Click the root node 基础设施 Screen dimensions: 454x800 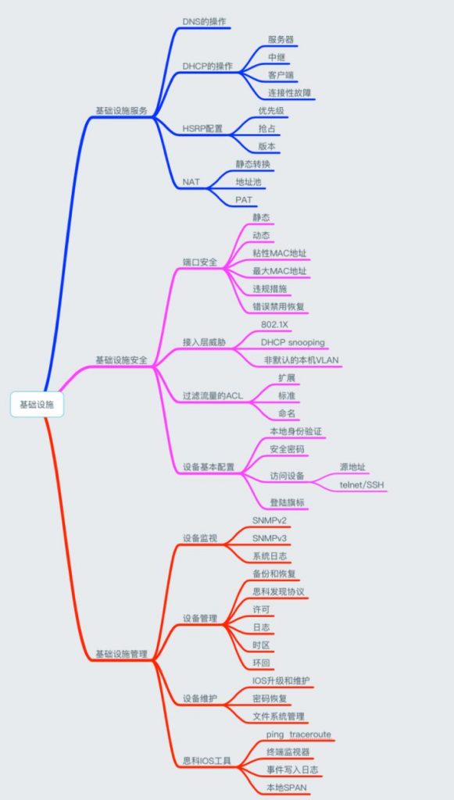coord(38,405)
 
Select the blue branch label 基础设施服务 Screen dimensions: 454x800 coord(121,110)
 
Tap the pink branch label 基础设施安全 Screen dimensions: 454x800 coord(121,359)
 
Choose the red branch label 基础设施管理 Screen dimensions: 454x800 coord(121,654)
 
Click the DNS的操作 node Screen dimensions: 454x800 coord(204,21)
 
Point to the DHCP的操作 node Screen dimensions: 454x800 coord(208,66)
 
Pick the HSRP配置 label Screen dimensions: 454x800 coord(202,129)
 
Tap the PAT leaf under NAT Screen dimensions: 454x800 coord(244,199)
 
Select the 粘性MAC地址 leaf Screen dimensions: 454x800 coord(280,252)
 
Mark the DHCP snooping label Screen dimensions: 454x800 coord(293,342)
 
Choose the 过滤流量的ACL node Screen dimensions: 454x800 coord(213,395)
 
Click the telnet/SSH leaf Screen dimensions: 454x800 coord(361,484)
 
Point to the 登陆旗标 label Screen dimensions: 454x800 coord(288,502)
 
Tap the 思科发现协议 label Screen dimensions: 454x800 coord(278,591)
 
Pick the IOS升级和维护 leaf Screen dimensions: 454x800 coord(281,680)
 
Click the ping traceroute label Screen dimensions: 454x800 coord(298,734)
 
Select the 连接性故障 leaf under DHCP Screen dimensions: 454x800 coord(290,93)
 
